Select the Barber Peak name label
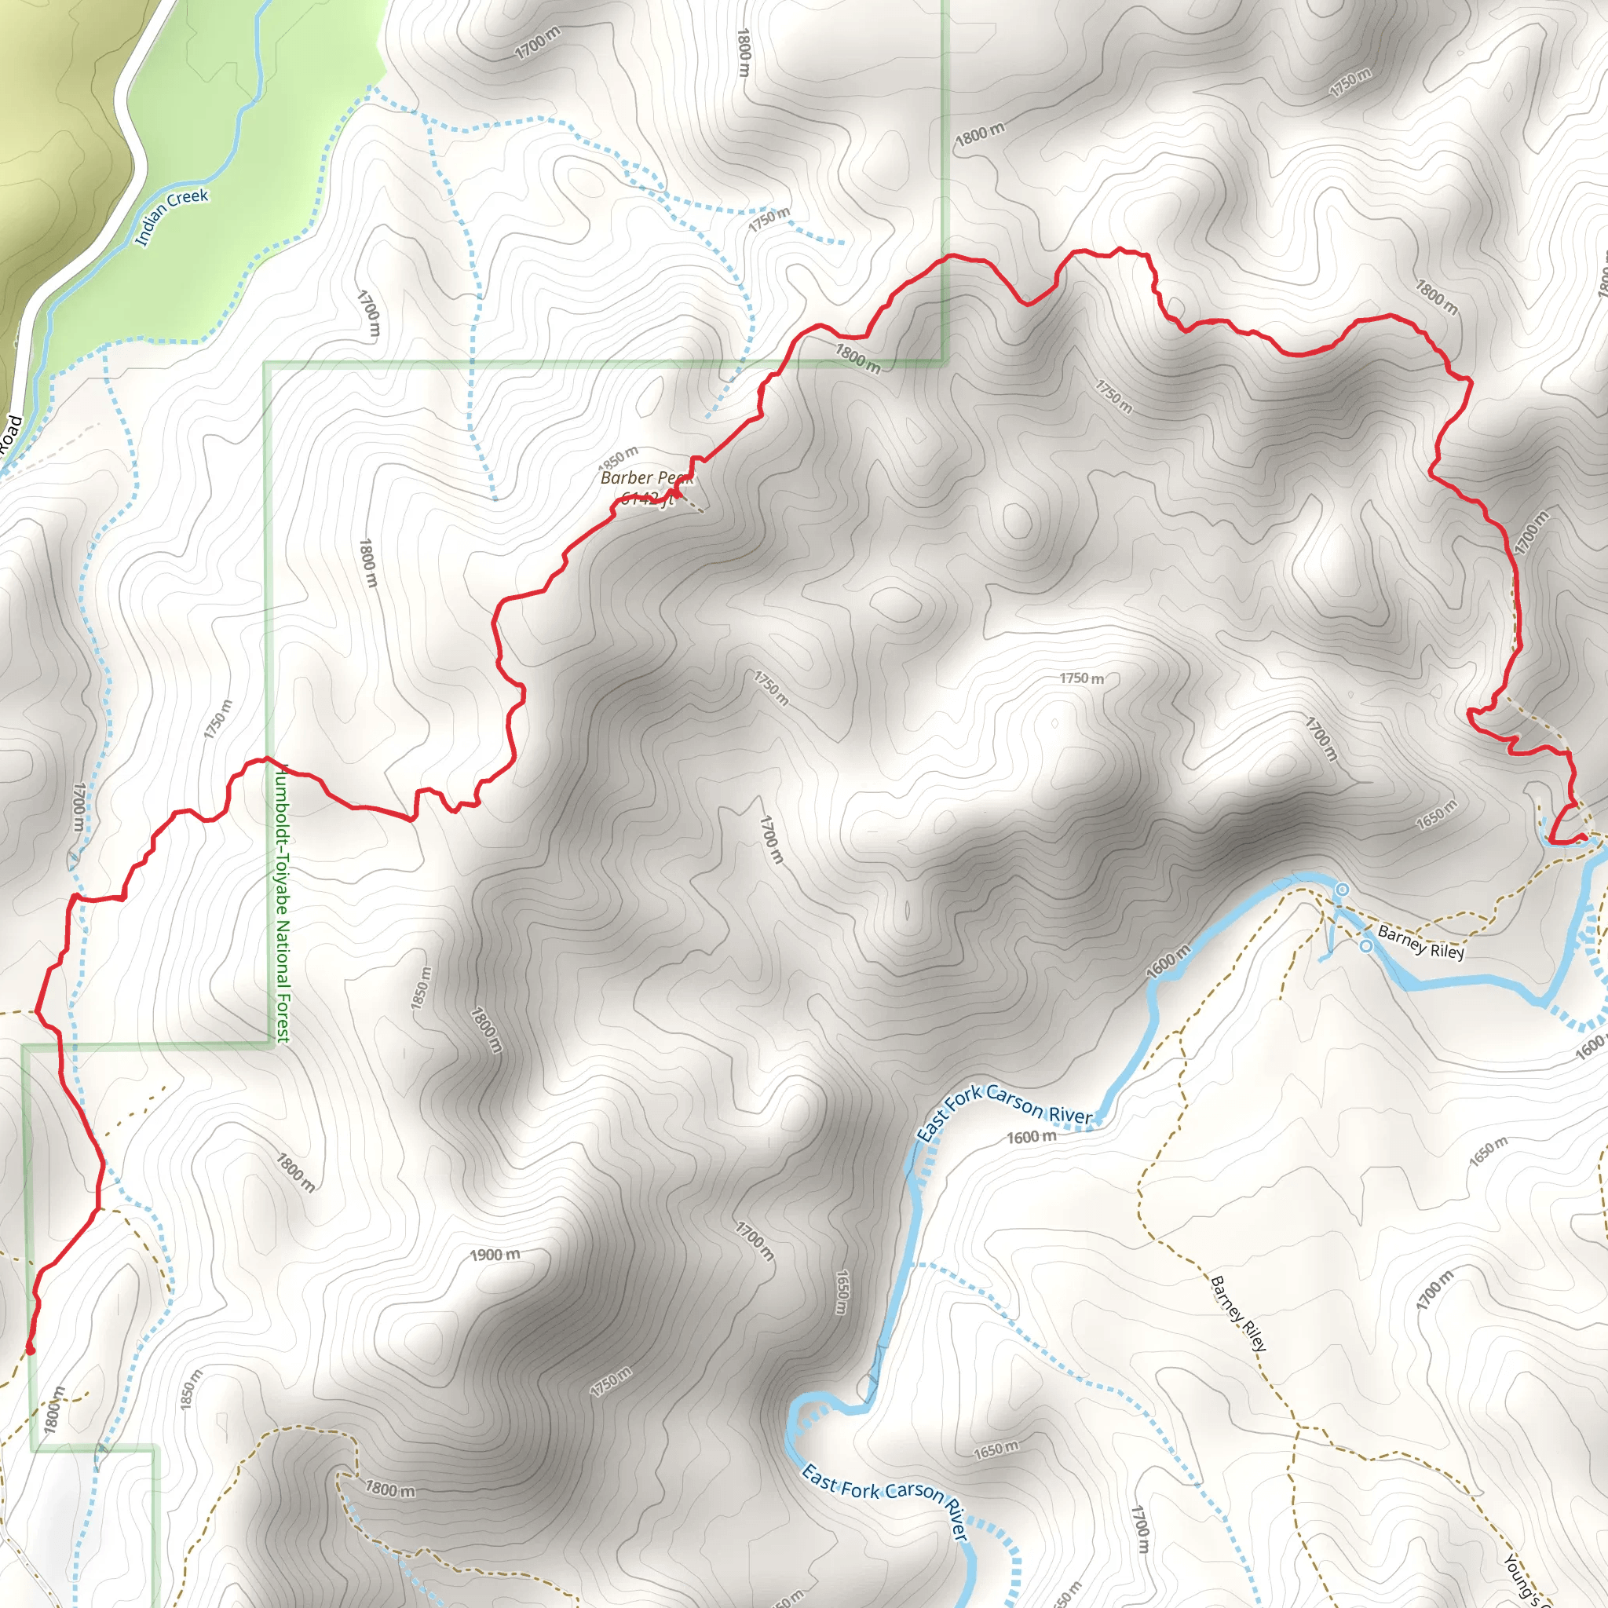[646, 477]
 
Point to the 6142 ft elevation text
[646, 499]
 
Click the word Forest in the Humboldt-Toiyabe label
[283, 1007]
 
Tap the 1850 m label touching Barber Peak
[619, 457]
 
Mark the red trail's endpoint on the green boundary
[31, 1349]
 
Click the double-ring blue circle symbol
[1342, 890]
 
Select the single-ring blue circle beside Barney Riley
[1366, 945]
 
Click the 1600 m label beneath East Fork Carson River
[1031, 1137]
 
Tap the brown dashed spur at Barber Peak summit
[693, 503]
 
